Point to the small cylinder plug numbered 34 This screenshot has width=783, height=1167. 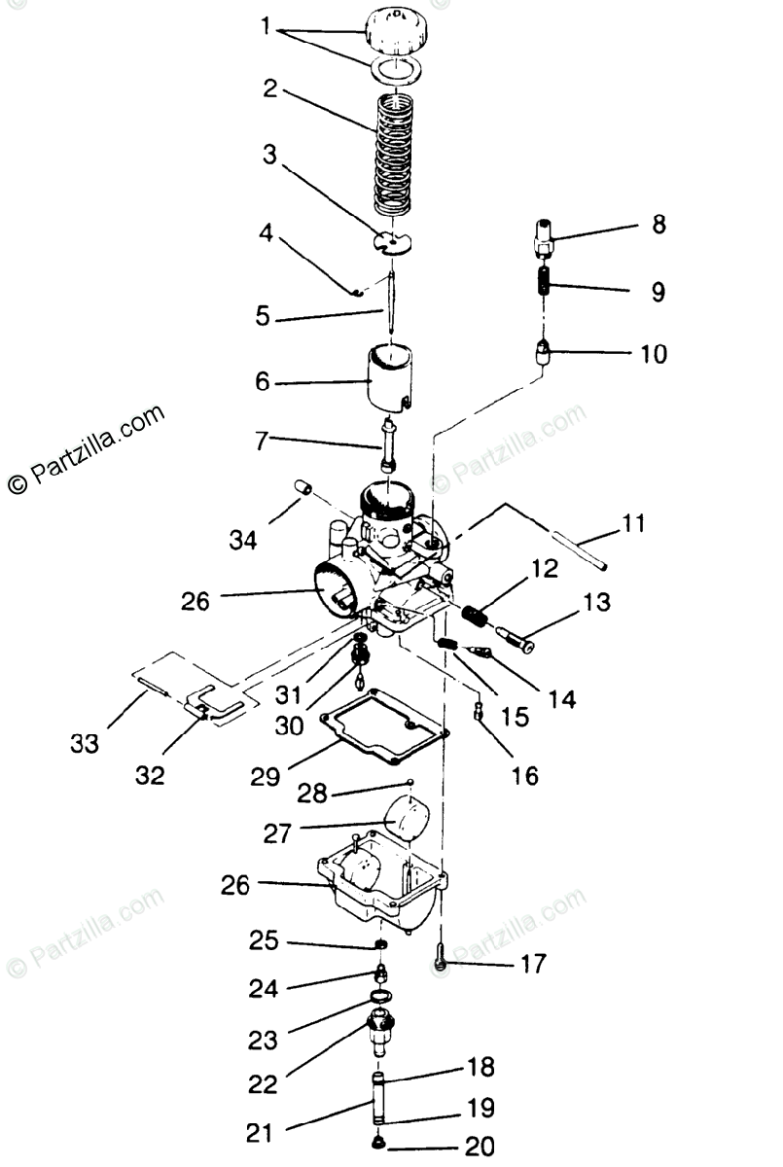click(x=303, y=486)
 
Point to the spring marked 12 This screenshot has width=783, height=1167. click(x=474, y=618)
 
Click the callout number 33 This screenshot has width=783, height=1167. click(x=85, y=744)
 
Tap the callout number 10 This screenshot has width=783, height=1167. click(x=655, y=354)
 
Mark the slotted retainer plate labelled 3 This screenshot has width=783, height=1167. click(x=393, y=240)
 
